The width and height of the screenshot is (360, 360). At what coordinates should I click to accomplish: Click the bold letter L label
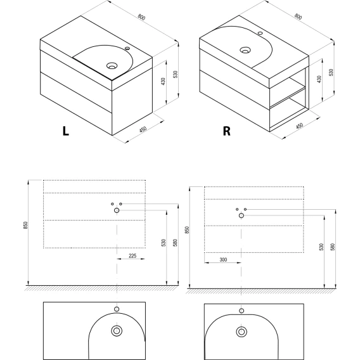pos(66,131)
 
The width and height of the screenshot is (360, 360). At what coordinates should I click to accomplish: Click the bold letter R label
pos(227,131)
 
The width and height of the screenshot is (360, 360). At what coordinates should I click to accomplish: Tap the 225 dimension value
pos(132,255)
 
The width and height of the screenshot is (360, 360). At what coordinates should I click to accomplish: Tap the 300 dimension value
pos(223,259)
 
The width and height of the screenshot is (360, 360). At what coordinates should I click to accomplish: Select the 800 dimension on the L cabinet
pos(141,17)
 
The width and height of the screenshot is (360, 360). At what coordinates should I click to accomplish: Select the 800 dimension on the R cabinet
pos(298,16)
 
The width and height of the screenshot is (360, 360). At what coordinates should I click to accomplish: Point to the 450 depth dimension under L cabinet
pos(143,129)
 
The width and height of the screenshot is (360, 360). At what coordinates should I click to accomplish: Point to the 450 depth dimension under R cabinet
pos(300,125)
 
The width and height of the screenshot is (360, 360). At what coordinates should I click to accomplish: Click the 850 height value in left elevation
pos(25,225)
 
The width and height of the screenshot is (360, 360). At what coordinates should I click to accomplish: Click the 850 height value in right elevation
pos(187,230)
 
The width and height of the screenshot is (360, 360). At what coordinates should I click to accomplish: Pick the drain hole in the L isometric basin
pos(112,66)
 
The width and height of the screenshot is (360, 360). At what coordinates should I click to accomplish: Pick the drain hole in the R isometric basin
pos(245,50)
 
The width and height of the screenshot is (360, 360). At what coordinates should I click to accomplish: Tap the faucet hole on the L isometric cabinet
pos(127,48)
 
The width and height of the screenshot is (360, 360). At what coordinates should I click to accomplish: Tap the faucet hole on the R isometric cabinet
pos(260,33)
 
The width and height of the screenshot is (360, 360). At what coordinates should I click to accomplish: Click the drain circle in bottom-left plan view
pos(117,331)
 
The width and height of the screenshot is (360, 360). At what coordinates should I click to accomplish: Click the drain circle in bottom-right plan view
pos(241,331)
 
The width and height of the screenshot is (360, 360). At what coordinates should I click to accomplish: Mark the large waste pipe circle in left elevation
pos(117,210)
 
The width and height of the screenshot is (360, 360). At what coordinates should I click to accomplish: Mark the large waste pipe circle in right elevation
pos(241,215)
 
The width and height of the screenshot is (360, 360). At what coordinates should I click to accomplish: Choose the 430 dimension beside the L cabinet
pos(164,82)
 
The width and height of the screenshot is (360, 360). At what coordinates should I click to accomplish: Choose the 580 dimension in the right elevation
pos(333,247)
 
